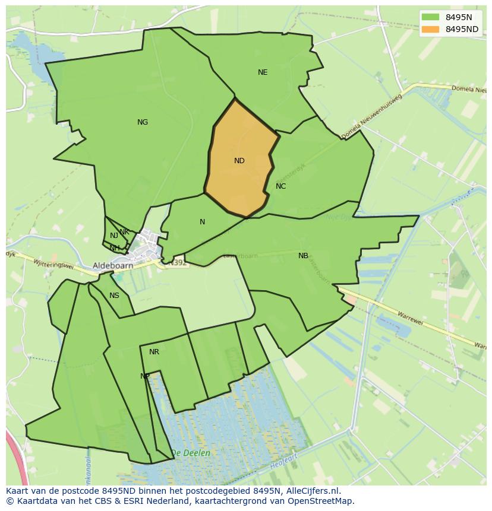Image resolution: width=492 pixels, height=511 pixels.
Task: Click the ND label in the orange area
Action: coord(239,161)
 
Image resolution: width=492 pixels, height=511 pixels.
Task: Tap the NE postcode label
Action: coord(263,72)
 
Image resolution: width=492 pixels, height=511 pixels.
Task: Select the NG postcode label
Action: coord(143,122)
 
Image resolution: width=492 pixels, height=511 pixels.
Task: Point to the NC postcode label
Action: coord(281,186)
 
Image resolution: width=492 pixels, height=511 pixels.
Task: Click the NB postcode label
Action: coord(303,256)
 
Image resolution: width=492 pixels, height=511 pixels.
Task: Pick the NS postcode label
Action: coord(114,296)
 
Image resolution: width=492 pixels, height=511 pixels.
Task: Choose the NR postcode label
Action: coord(154,352)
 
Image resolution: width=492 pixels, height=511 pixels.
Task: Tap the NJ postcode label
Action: coord(114,236)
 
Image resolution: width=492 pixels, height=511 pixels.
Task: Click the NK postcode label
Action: coord(124,232)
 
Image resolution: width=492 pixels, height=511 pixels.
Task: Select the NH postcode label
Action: coord(114,247)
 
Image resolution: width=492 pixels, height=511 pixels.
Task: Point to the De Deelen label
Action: coord(190,453)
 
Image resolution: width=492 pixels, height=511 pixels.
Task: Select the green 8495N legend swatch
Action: coord(431,17)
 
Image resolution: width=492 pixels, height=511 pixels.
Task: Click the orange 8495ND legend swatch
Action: coord(431,29)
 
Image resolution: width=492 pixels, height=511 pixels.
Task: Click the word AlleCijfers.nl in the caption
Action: coord(312,491)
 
